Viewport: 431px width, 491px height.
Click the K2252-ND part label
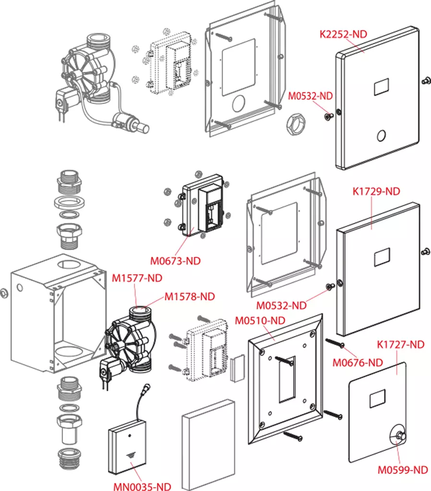(343, 34)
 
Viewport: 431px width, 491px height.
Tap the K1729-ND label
(376, 191)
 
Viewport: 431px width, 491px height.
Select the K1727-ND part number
(401, 344)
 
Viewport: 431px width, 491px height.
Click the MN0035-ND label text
(142, 486)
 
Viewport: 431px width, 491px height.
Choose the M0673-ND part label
(175, 261)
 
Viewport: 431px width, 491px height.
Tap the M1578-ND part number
(190, 296)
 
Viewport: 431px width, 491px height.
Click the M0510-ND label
(260, 320)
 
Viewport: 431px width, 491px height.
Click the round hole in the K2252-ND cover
(381, 136)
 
